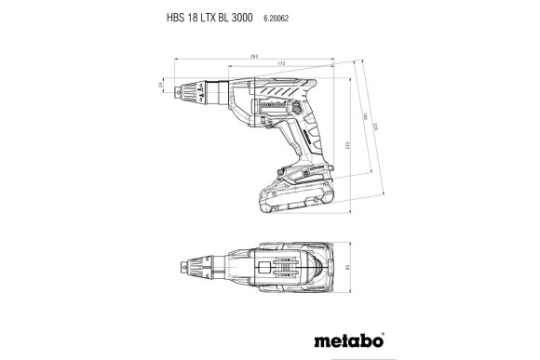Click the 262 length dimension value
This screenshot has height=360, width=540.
click(254, 55)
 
